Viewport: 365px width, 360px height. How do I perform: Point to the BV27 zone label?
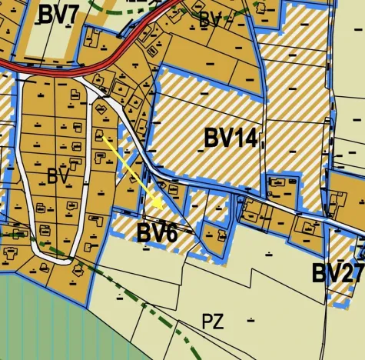[x=337, y=273]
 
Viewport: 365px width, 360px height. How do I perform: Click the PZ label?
[x=213, y=322]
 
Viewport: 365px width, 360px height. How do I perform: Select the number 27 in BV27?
[x=351, y=273]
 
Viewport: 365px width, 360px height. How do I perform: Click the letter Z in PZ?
[x=218, y=322]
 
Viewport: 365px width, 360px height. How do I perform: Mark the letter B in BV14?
[x=212, y=138]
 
